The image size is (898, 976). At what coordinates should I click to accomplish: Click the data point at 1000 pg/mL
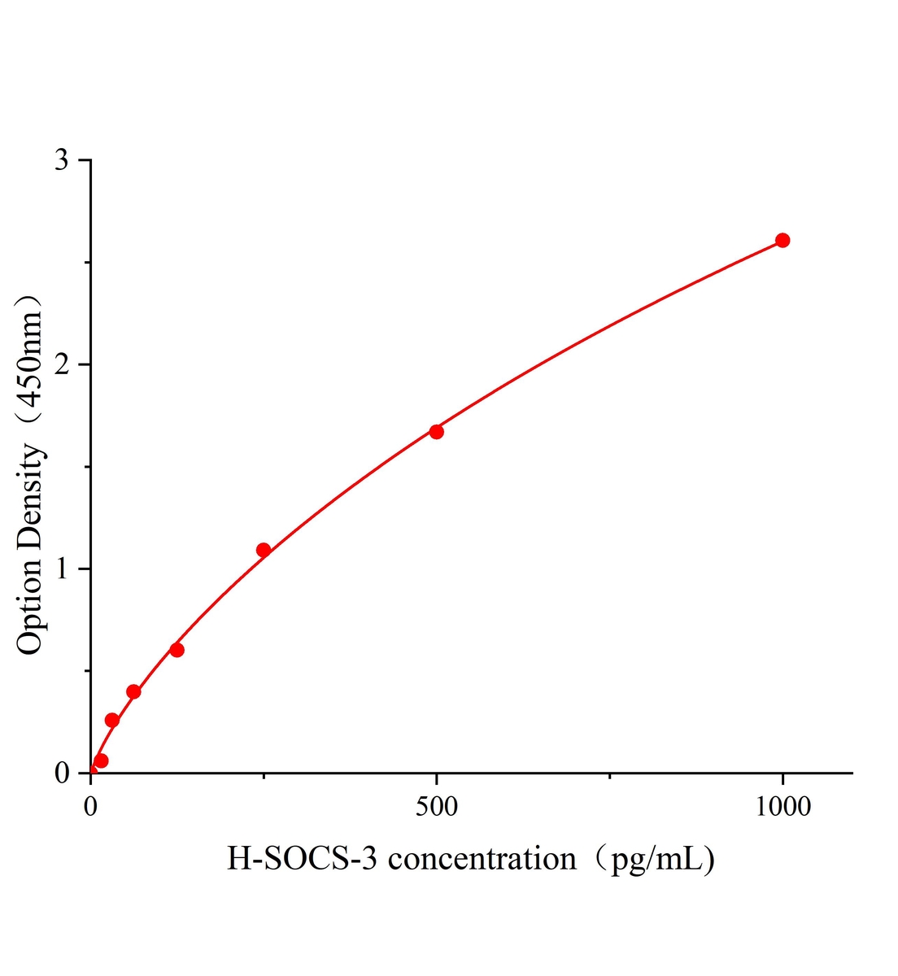point(782,240)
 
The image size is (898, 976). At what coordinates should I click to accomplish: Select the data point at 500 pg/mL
point(437,432)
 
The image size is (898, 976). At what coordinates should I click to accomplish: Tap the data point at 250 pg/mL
point(264,550)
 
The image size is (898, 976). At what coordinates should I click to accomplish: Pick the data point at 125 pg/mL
point(177,650)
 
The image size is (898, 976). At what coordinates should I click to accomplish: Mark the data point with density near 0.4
point(133,691)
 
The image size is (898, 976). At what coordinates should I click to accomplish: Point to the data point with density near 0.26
point(112,720)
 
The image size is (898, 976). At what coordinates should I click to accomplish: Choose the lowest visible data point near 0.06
point(101,760)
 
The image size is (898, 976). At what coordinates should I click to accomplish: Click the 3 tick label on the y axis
point(61,160)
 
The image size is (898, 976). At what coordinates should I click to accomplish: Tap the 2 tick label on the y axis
point(61,364)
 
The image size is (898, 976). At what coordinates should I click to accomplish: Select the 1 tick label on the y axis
point(61,569)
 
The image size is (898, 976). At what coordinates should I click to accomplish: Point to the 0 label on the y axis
point(61,773)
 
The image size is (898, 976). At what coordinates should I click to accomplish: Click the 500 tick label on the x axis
point(437,806)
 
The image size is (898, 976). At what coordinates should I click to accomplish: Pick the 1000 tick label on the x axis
point(782,806)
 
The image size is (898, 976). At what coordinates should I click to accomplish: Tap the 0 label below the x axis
point(90,806)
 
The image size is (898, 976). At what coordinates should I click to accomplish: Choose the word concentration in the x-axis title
point(482,859)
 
